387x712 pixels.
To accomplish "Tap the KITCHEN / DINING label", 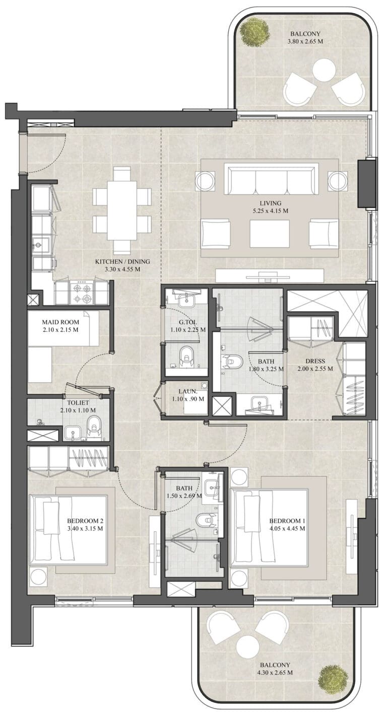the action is [122, 262].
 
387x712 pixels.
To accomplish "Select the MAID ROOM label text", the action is [60, 322].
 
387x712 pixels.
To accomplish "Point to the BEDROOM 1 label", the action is [287, 521].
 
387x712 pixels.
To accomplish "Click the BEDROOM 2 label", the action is [85, 521].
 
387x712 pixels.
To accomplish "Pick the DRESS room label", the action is [315, 361].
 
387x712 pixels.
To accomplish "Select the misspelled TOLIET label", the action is [78, 403].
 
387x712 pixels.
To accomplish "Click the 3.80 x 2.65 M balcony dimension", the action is [305, 41].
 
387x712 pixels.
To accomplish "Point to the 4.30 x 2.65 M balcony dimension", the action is [275, 672].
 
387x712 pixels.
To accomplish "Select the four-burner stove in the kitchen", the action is [83, 293].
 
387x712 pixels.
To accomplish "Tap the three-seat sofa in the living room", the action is [271, 179].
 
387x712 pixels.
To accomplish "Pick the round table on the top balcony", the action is [324, 72].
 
